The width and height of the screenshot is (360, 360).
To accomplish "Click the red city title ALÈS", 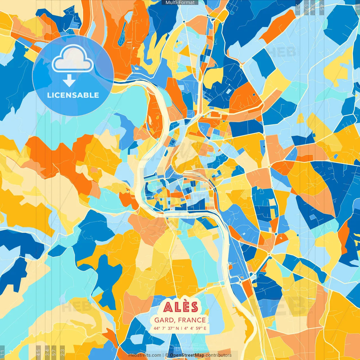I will [x=181, y=307].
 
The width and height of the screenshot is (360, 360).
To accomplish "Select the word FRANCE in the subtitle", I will [x=192, y=320].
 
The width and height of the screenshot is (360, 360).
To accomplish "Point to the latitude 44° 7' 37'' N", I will [x=166, y=328].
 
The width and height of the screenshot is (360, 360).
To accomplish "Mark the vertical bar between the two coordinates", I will [x=181, y=328].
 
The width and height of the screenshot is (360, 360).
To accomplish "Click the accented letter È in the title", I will [x=186, y=307].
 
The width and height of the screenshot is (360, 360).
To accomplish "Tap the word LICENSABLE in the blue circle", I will [x=73, y=95].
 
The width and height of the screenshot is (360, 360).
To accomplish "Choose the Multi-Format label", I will [x=180, y=3].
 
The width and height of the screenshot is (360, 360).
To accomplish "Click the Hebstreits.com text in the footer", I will [x=145, y=355].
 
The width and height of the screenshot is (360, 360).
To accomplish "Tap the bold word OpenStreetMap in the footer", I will [x=187, y=355].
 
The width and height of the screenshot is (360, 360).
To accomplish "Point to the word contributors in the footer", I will [x=219, y=355].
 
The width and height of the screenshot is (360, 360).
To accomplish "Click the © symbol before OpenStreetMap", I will [x=167, y=355].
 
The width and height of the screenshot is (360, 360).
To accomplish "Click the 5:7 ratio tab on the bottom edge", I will [x=54, y=352].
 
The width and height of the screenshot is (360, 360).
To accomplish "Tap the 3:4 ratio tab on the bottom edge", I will [x=47, y=352].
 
